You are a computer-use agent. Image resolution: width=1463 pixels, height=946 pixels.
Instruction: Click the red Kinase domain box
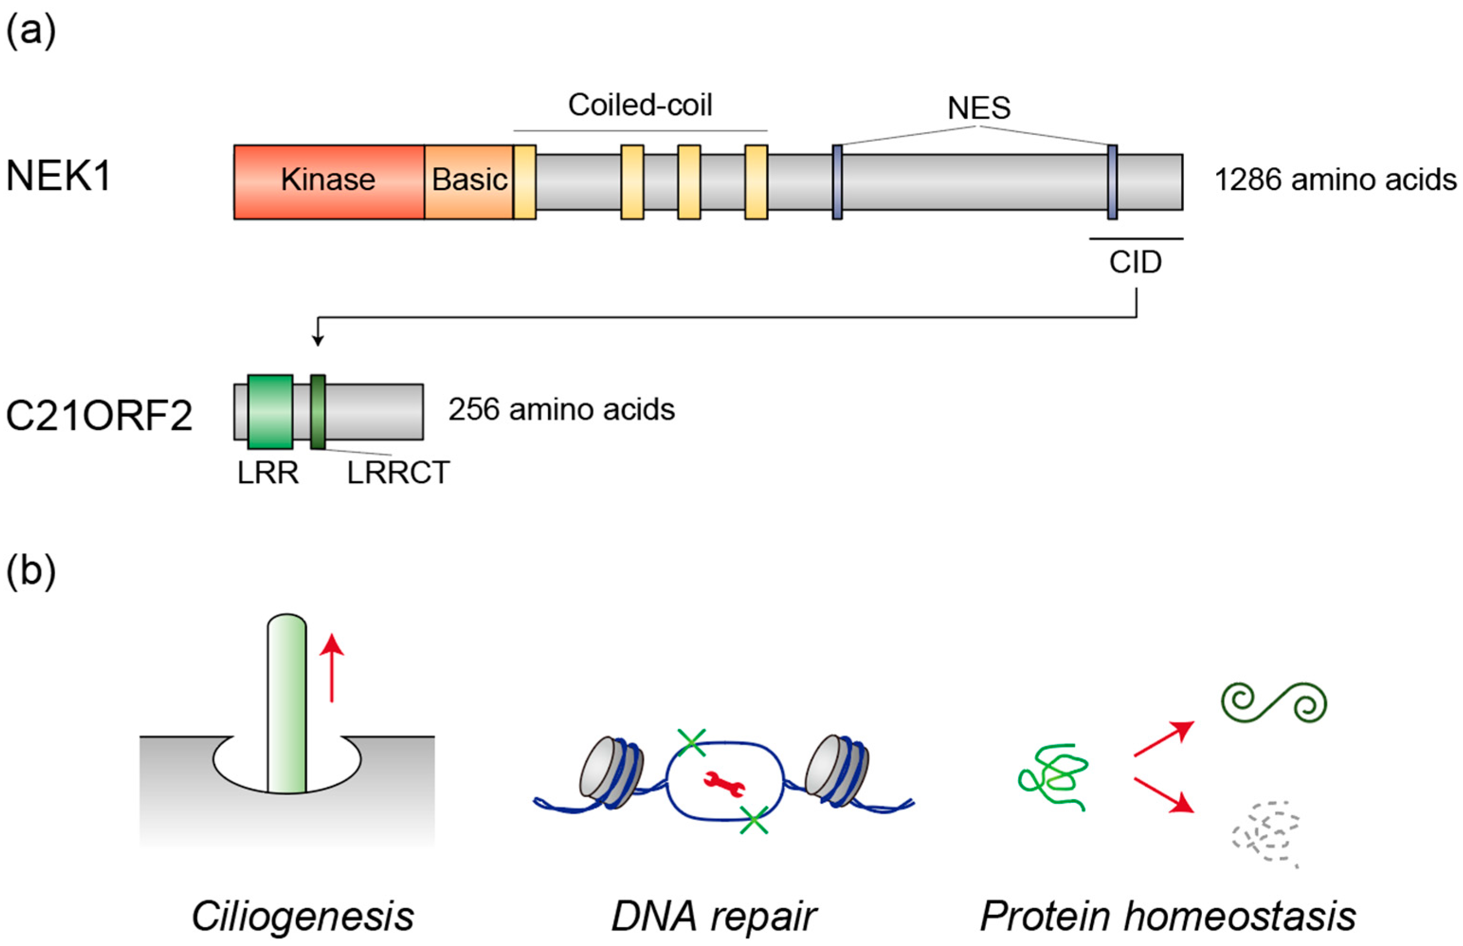point(329,182)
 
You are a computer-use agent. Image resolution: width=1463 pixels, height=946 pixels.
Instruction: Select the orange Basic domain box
point(469,182)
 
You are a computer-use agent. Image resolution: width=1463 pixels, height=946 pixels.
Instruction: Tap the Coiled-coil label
point(640,105)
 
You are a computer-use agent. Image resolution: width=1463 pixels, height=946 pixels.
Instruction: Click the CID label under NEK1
point(1135,262)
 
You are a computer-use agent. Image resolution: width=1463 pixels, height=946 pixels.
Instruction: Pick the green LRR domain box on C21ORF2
point(270,412)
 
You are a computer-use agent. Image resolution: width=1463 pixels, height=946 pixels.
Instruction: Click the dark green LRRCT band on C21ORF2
point(317,412)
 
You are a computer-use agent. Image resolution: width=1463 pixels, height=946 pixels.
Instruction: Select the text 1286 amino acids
point(1335,180)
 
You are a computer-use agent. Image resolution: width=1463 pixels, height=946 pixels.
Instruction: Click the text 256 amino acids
point(561,410)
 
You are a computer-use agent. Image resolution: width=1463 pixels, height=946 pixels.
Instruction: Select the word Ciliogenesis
point(303,917)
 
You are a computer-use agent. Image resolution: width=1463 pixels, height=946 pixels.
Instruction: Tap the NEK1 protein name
point(58,176)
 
